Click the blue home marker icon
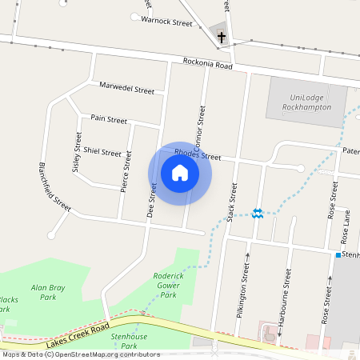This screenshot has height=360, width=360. pos(180,173)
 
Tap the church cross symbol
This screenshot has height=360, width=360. pos(221,35)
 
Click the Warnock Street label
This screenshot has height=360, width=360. pos(166,23)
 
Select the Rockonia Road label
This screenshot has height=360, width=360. pos(207,64)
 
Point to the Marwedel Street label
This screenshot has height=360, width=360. pos(126,88)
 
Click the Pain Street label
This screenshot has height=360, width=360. pos(109,119)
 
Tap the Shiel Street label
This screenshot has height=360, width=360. pos(102,152)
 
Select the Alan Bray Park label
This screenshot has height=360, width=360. pos(47,291)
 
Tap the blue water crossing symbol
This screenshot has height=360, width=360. pos(258,213)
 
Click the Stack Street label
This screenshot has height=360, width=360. pos(233,202)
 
